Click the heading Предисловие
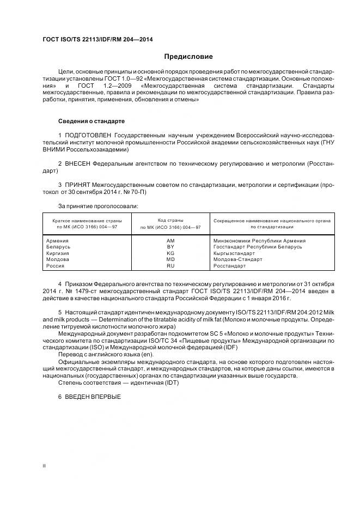188,57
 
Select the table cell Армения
57,240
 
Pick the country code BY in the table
170,247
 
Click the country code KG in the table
170,253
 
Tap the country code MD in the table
170,259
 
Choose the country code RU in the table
170,266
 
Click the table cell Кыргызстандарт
234,253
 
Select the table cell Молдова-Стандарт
237,259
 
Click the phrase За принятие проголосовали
98,206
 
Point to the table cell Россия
56,266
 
